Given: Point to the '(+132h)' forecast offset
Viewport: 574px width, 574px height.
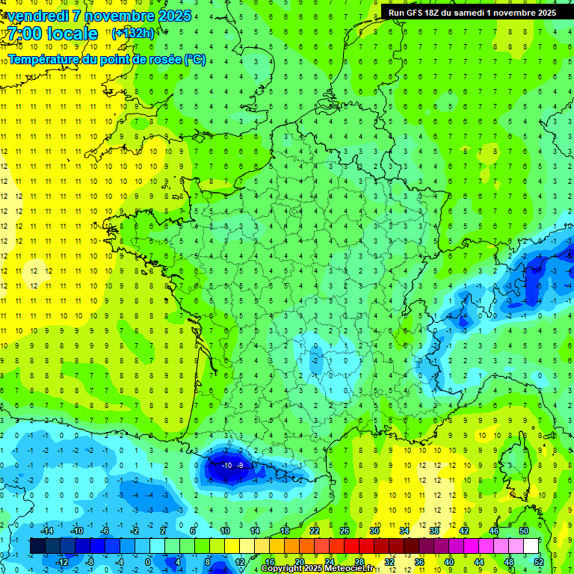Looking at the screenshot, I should [x=132, y=33].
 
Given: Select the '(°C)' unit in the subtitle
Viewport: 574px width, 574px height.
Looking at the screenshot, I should [x=194, y=59].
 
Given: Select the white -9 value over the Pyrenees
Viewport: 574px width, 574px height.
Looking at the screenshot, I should [x=240, y=465].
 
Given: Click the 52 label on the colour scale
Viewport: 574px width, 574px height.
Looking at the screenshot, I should [x=537, y=562].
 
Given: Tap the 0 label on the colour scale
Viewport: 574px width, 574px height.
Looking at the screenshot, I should [x=148, y=562].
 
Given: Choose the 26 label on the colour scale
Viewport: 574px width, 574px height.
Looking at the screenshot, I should [x=345, y=531].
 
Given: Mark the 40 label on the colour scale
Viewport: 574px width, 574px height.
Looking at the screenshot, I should [x=448, y=562].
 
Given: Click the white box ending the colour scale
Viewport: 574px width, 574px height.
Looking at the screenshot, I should [x=530, y=546].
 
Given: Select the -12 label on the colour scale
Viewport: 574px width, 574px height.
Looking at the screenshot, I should [x=63, y=562].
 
